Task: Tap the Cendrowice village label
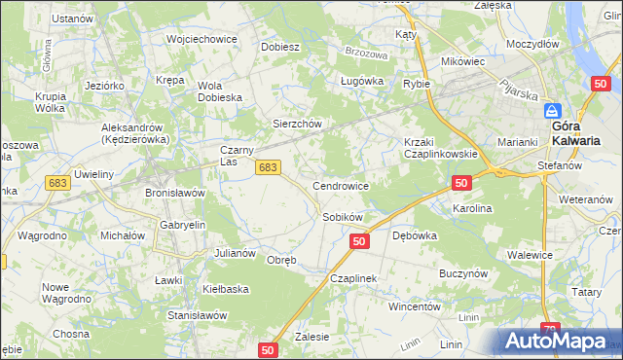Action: pos(340,185)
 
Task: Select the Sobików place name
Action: pos(343,217)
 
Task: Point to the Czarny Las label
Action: pos(238,156)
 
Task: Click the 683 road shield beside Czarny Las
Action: pos(270,168)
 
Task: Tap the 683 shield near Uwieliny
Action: pos(57,183)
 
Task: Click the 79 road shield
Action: pos(551,331)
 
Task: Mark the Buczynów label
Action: pos(462,274)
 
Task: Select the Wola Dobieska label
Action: pos(221,90)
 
